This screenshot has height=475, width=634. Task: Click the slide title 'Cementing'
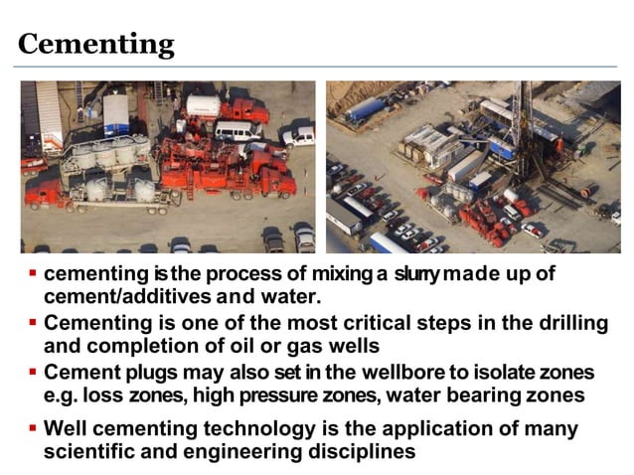tap(96, 44)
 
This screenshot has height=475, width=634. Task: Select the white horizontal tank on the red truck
tap(203, 105)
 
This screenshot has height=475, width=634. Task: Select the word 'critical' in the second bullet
tap(377, 322)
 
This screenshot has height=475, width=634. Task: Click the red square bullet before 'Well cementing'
tap(33, 427)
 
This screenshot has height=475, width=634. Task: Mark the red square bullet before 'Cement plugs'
tap(33, 371)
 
